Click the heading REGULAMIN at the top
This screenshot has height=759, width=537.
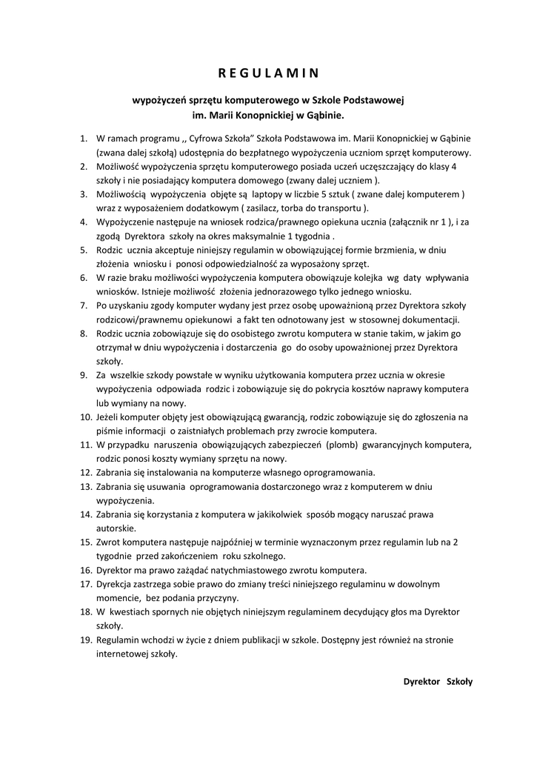(x=268, y=73)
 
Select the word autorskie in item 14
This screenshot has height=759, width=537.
(x=116, y=528)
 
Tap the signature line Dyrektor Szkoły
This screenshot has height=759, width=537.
(x=437, y=681)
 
